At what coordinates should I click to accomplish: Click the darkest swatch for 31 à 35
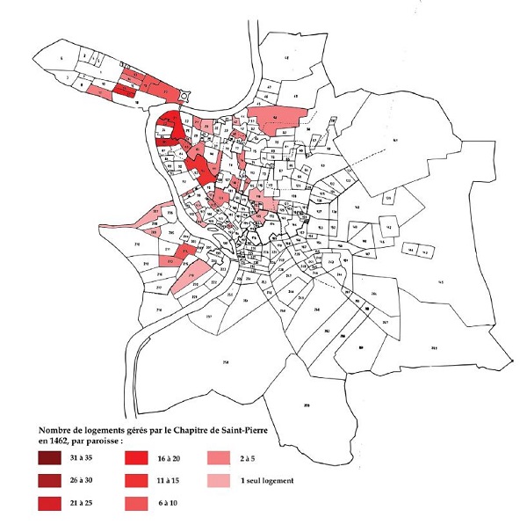[x=51, y=459]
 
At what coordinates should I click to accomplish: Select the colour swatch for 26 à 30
[x=51, y=481]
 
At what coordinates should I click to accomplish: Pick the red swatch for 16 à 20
[x=139, y=459]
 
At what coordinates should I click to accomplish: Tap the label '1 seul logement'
[x=270, y=481]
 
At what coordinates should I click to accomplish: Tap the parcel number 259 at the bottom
[x=307, y=405]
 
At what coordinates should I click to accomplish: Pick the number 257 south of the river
[x=208, y=316]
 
